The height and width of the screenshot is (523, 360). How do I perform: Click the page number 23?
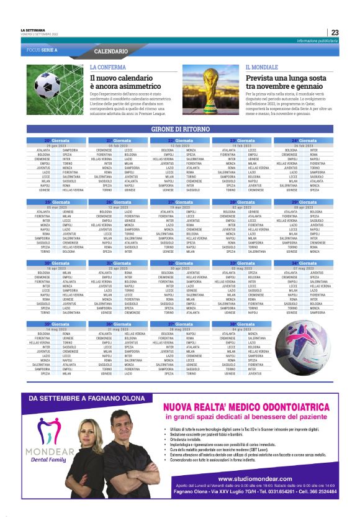tap(334, 32)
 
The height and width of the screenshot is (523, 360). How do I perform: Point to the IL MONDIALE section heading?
tap(261, 66)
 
